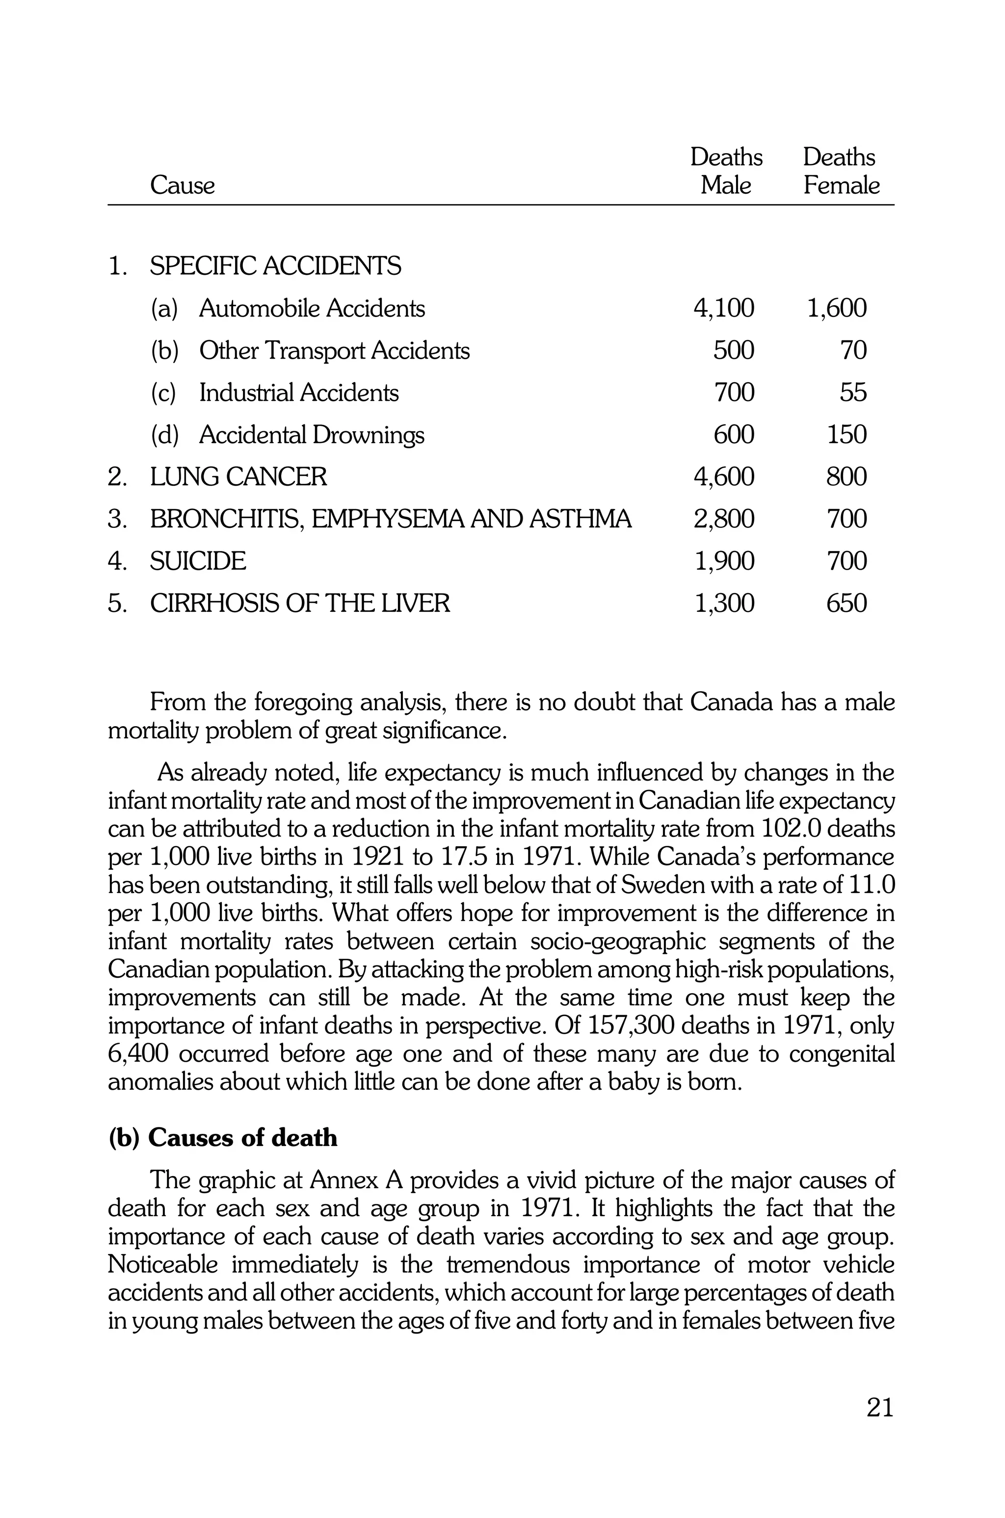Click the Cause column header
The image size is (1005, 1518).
(182, 186)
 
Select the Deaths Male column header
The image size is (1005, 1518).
(726, 171)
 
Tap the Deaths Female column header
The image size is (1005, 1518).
(840, 171)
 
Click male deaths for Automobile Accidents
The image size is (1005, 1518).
(724, 308)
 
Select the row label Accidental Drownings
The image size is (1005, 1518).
(312, 435)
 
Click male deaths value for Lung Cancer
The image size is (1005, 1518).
(724, 477)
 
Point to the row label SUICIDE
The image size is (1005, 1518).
(197, 561)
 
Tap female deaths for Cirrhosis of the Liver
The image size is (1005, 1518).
(846, 603)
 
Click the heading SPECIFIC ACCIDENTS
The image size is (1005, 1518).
(276, 266)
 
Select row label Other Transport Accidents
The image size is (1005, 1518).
(334, 350)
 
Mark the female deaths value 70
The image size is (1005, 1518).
(853, 350)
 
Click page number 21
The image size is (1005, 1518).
(879, 1408)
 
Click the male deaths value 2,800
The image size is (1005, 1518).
(724, 519)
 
